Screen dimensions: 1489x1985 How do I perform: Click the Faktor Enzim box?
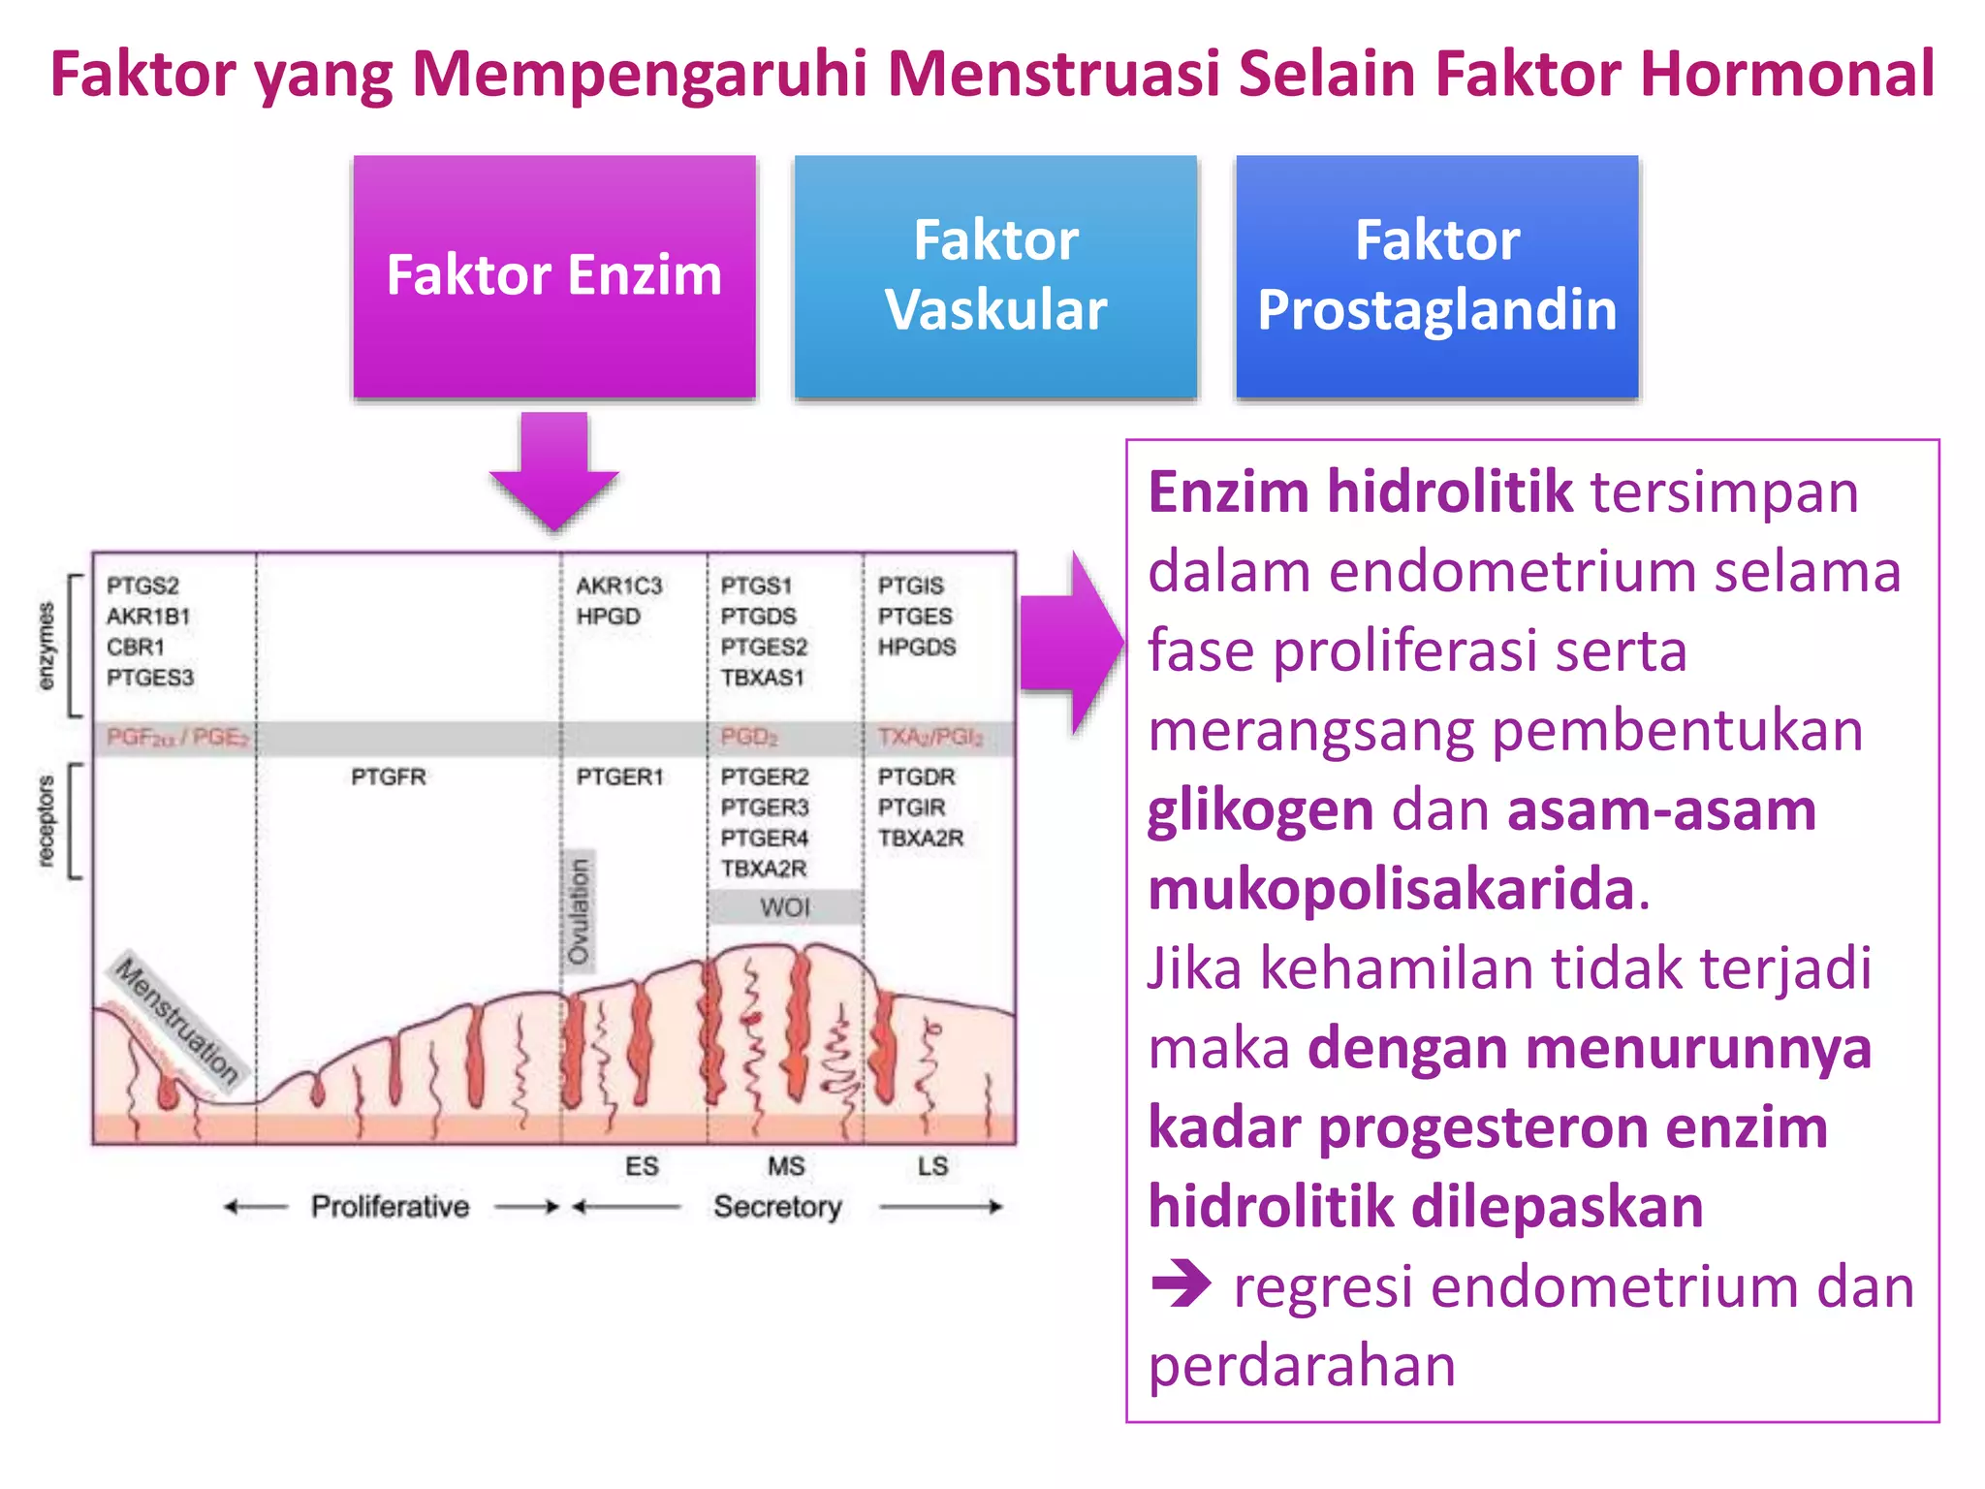tap(553, 276)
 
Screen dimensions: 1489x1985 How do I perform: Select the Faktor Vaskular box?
tap(995, 276)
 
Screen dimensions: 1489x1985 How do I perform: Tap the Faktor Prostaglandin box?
tap(1436, 276)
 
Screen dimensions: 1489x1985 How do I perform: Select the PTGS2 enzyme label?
tap(142, 586)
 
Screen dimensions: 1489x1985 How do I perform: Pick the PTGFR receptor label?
tap(388, 776)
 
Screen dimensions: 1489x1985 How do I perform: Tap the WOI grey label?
tap(784, 907)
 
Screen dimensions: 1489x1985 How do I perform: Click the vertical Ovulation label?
tap(579, 911)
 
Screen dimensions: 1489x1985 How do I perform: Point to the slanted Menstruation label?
tap(176, 1020)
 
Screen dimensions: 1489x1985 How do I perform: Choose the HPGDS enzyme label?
tap(917, 647)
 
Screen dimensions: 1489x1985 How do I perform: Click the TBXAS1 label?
tap(762, 678)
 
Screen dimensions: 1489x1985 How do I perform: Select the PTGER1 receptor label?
tap(619, 776)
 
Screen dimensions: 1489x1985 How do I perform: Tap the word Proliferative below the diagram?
tap(390, 1206)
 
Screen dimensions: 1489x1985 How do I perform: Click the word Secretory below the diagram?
tap(777, 1206)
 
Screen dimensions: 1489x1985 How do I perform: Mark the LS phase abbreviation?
tap(932, 1166)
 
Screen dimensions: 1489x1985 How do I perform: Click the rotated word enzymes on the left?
tap(46, 646)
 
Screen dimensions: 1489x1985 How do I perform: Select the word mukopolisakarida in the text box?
tap(1391, 889)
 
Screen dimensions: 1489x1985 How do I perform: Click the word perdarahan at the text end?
tap(1302, 1366)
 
